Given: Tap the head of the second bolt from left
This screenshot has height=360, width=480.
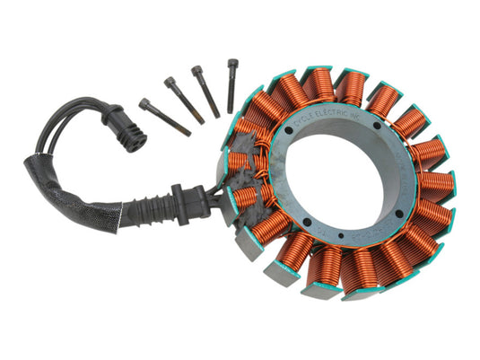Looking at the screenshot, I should pyautogui.click(x=169, y=83).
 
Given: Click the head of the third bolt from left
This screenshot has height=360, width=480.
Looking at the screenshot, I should pyautogui.click(x=196, y=69).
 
